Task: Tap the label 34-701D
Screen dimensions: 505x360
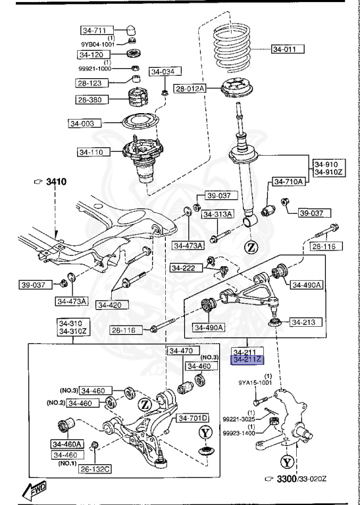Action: (192, 418)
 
